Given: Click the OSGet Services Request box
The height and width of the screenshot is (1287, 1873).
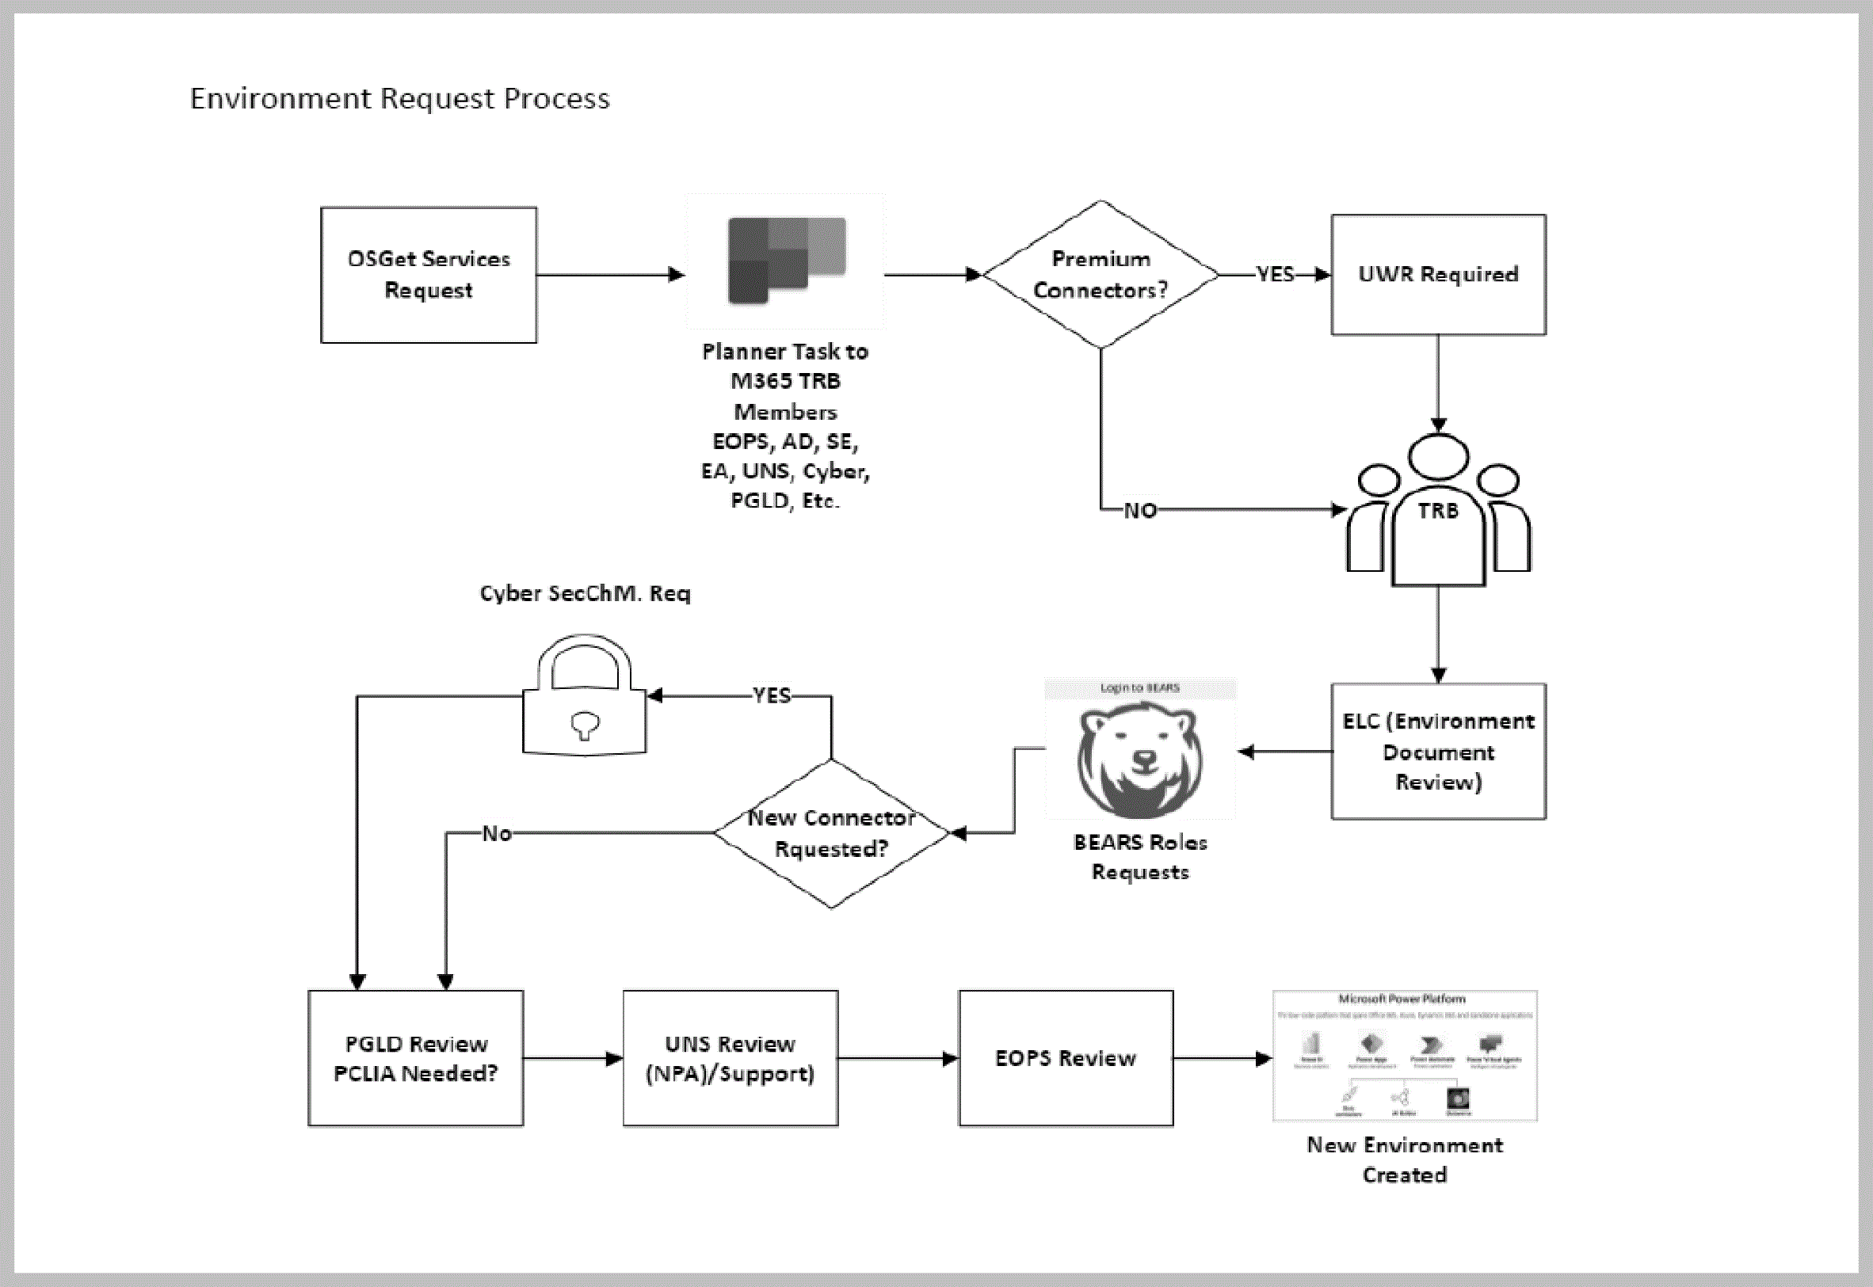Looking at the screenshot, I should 429,275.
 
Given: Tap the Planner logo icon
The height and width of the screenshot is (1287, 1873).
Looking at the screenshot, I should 786,260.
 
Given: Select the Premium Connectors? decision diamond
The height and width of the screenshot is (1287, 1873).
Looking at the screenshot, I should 1101,275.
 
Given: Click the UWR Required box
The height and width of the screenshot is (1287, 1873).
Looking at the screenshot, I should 1438,275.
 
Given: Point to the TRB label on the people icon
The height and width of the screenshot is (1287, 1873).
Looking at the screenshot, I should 1438,512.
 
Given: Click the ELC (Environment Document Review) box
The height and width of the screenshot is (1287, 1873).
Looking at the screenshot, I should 1438,752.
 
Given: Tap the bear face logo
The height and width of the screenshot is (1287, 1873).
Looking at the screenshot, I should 1140,759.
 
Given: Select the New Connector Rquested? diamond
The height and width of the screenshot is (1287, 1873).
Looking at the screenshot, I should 831,833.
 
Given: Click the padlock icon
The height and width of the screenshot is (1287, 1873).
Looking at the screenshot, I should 584,698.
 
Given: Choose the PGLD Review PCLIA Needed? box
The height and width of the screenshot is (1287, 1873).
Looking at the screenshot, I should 415,1058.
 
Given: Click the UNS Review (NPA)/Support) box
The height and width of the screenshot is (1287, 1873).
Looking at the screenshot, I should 730,1058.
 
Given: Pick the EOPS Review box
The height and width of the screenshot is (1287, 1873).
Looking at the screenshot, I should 1066,1058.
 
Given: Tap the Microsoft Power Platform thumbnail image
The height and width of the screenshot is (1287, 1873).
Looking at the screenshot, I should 1404,1056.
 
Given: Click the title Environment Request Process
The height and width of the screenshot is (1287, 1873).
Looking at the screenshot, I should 400,98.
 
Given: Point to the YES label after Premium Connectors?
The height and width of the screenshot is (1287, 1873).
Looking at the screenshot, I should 1275,275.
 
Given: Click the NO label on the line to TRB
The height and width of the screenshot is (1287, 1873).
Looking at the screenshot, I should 1140,512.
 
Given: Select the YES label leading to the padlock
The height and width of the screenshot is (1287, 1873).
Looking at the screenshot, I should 771,695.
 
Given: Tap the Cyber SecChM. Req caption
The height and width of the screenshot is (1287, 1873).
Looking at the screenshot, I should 585,593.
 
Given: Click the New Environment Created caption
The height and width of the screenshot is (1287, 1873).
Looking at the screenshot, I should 1404,1159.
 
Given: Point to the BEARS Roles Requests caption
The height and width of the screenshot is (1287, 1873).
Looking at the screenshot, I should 1140,857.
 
